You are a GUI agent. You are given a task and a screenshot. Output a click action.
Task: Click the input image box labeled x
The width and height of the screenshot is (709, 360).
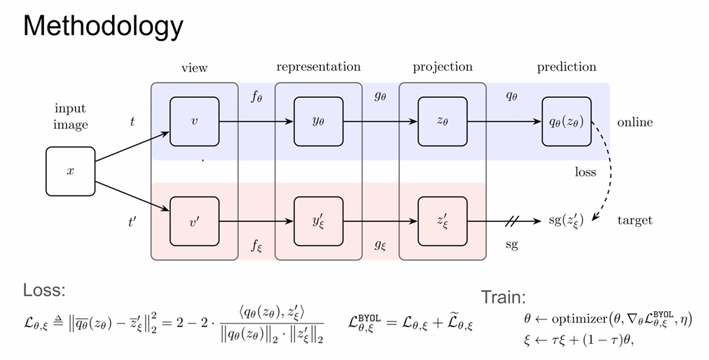(x=70, y=171)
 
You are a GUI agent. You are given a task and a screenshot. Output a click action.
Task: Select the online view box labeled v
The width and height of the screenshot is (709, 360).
(x=195, y=122)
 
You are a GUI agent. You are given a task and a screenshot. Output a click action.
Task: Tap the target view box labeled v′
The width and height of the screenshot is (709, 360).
(x=195, y=221)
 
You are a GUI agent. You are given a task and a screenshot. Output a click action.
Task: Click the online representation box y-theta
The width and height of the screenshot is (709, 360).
(x=318, y=122)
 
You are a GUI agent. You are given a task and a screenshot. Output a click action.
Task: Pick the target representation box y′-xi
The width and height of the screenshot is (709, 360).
(x=318, y=221)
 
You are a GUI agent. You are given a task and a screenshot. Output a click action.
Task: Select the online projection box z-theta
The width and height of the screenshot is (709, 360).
(x=442, y=122)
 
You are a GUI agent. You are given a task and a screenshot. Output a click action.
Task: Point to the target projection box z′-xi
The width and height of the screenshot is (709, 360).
(x=442, y=221)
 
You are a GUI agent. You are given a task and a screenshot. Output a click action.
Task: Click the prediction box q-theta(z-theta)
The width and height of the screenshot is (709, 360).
(x=566, y=122)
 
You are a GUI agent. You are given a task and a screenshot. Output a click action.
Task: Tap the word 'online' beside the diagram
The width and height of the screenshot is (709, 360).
(x=635, y=123)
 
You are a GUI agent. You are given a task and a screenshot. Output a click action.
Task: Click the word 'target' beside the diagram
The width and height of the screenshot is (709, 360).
(x=635, y=221)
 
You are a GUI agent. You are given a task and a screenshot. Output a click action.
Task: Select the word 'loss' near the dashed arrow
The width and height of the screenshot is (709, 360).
(x=585, y=172)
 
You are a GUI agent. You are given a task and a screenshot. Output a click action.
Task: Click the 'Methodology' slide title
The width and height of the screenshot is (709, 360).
(x=103, y=26)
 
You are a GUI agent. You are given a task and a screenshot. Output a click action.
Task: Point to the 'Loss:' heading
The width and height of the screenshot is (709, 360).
(x=44, y=291)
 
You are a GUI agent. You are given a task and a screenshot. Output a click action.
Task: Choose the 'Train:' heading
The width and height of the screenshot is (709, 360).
(x=504, y=297)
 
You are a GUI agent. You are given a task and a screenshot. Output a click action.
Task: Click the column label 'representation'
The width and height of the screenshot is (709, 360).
(x=318, y=67)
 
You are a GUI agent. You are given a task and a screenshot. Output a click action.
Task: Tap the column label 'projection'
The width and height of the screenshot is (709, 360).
(x=442, y=67)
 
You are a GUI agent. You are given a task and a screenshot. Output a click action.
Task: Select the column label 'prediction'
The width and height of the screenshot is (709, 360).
(x=566, y=67)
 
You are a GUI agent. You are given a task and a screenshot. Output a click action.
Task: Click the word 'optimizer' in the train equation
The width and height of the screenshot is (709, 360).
(x=577, y=319)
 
